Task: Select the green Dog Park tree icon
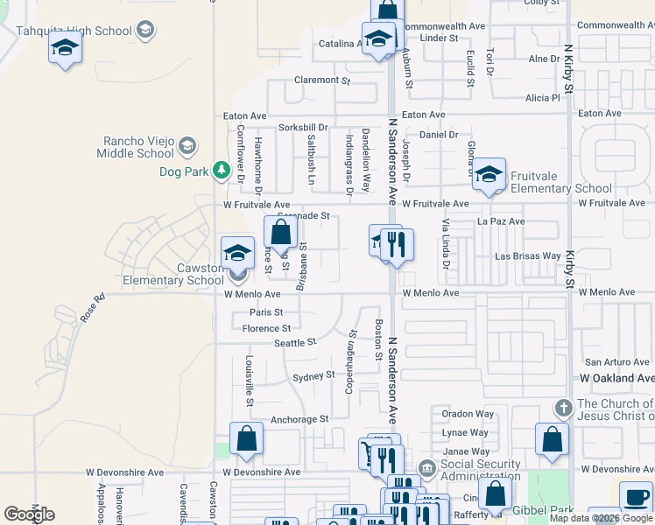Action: tap(222, 170)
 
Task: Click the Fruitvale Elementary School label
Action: tap(560, 188)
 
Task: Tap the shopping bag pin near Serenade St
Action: tap(280, 234)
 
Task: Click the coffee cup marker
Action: tap(635, 497)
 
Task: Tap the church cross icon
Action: tap(564, 408)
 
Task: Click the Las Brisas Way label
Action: tap(527, 256)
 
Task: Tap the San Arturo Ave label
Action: tap(617, 361)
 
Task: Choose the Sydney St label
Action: tap(313, 376)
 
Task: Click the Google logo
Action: tap(29, 514)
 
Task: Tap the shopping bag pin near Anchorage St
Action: tap(246, 439)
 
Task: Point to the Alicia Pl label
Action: tap(542, 98)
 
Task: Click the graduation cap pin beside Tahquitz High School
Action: tap(65, 47)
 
